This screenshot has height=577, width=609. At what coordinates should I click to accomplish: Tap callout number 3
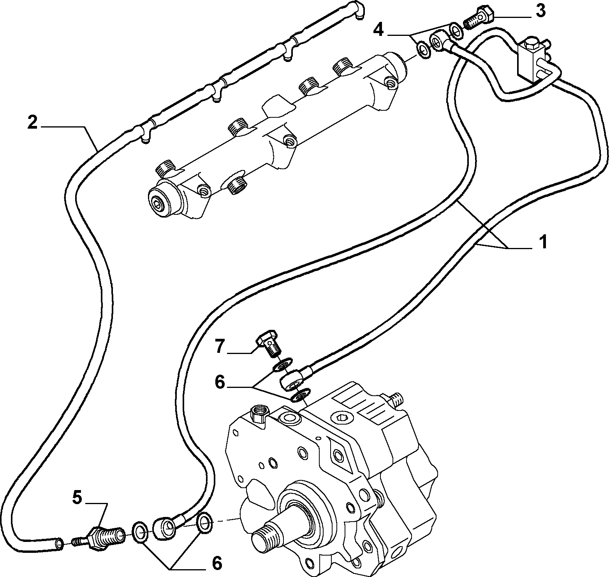[x=540, y=11]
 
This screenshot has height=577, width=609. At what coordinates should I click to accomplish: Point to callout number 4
[x=379, y=29]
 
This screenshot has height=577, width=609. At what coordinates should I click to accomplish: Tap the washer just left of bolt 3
[x=456, y=31]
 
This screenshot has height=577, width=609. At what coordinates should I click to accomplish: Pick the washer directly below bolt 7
[x=281, y=366]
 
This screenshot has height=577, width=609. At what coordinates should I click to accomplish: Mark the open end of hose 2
[x=58, y=543]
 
